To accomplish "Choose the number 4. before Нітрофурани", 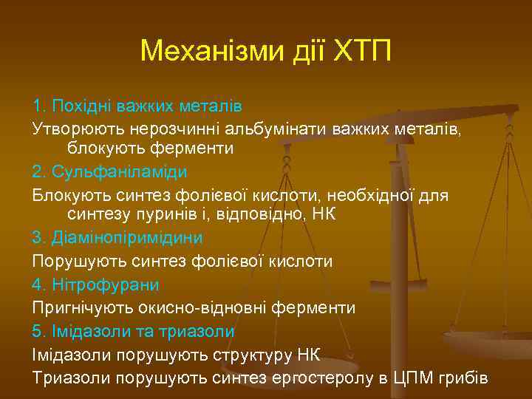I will pyautogui.click(x=41, y=284).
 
